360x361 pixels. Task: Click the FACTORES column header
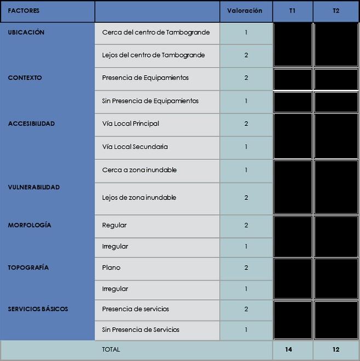[24, 11]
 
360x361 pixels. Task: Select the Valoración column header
[244, 11]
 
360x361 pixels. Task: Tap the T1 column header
[293, 11]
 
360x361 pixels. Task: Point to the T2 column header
[335, 11]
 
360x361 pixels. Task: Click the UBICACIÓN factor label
[26, 32]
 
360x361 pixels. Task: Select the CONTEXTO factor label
[25, 78]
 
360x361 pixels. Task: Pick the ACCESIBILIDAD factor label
[31, 124]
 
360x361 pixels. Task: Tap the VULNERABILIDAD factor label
[34, 187]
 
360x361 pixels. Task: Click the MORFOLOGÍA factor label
[30, 226]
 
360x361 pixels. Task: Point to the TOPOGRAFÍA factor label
[28, 268]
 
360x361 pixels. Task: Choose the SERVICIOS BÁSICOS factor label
[38, 309]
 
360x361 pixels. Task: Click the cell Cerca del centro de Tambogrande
[156, 32]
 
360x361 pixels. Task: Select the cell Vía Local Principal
[130, 124]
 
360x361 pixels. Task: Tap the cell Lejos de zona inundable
[139, 198]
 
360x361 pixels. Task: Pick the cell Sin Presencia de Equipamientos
[150, 101]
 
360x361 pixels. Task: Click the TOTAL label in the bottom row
[111, 349]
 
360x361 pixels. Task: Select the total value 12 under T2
[335, 349]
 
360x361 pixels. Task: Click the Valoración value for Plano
[246, 268]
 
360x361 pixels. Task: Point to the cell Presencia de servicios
[135, 309]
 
